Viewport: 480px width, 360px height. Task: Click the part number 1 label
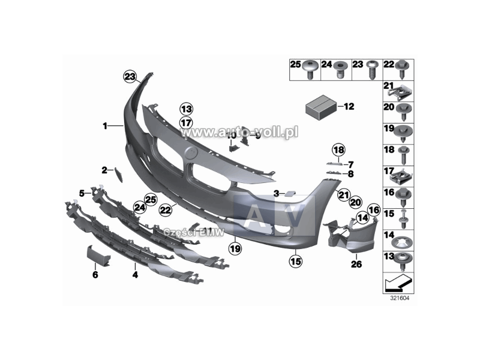(x=105, y=126)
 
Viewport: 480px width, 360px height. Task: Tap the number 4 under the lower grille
(x=135, y=275)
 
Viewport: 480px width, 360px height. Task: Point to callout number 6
(x=95, y=275)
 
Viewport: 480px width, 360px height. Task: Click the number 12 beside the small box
(x=349, y=107)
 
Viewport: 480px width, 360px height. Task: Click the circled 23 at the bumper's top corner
(x=130, y=76)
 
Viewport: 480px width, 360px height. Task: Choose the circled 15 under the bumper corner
(x=295, y=261)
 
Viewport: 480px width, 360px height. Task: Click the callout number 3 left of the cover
(x=277, y=193)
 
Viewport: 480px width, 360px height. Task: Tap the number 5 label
(x=82, y=193)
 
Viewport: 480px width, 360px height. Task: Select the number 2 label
(x=104, y=170)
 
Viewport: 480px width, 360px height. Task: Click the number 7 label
(x=351, y=164)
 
